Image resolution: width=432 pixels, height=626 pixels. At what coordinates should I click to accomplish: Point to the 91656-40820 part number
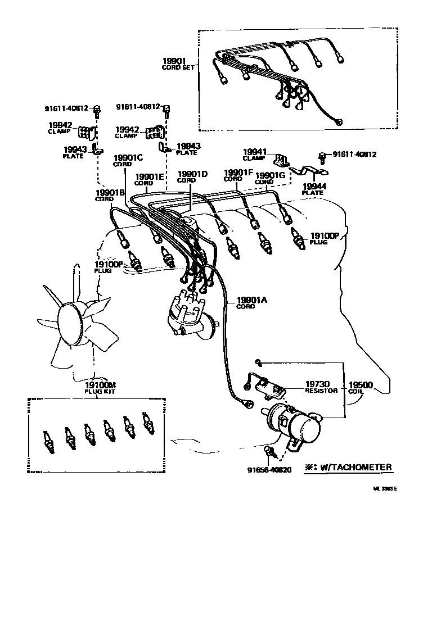click(x=269, y=470)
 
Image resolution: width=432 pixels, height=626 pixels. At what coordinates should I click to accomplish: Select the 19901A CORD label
click(x=251, y=303)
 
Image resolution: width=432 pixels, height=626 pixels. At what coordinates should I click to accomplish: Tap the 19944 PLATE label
click(x=312, y=188)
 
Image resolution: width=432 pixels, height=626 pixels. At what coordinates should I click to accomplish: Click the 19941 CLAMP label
click(x=254, y=154)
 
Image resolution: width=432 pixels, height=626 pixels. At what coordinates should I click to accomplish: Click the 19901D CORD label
click(x=192, y=176)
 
